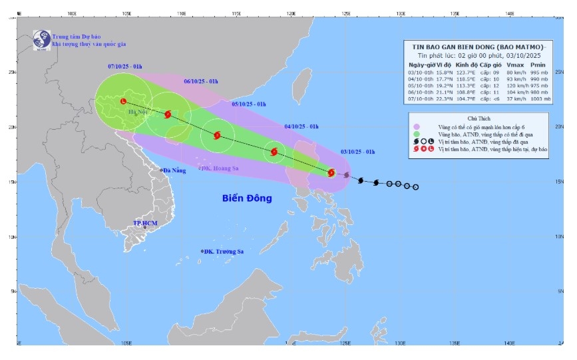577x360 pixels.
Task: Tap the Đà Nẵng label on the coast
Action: pos(174,170)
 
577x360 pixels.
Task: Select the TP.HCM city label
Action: pos(144,223)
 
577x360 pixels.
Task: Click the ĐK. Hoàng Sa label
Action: pos(219,168)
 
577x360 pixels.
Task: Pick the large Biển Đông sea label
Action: pos(248,198)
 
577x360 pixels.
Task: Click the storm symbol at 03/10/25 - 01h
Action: pos(331,173)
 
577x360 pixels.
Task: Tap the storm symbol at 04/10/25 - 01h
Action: pos(274,152)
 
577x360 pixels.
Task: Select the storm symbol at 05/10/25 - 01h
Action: pos(217,135)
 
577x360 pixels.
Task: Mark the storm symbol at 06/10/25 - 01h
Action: pos(168,114)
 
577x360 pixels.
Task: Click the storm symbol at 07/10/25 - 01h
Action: pos(124,101)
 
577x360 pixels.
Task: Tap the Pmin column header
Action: pos(540,65)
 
